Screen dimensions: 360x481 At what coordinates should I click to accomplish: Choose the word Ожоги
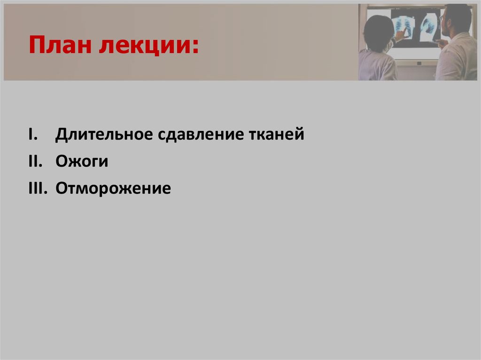tap(82, 162)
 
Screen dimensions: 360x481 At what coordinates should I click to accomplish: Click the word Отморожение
tap(113, 189)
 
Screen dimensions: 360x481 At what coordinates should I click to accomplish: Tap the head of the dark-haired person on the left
tap(379, 31)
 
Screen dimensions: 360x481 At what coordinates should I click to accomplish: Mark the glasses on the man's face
tap(443, 18)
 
